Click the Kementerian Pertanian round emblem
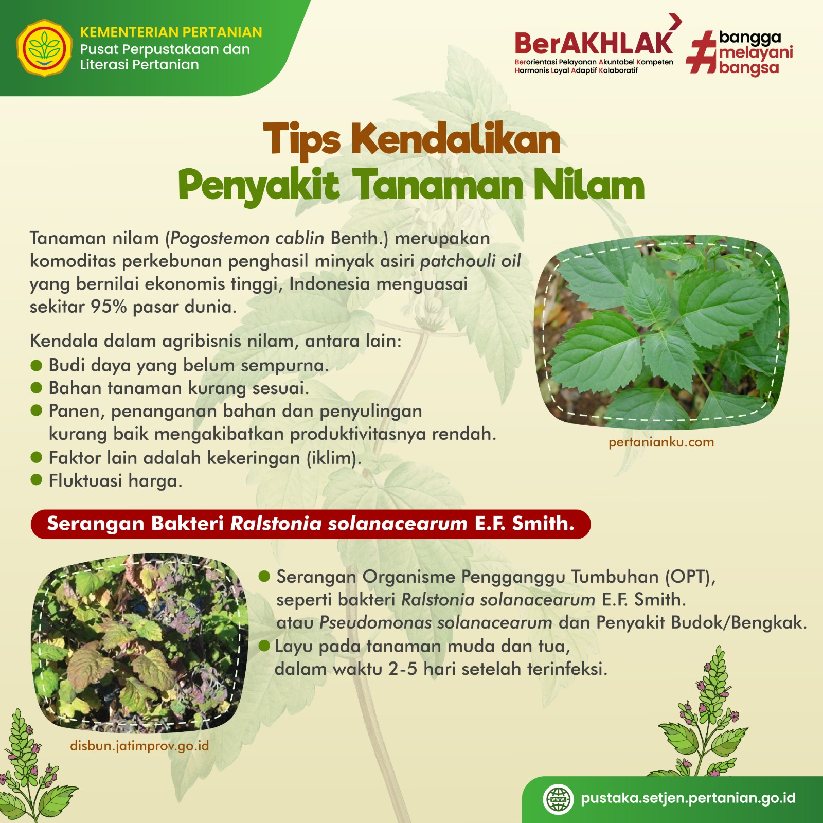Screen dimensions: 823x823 point(44,48)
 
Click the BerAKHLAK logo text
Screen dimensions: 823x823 point(594,43)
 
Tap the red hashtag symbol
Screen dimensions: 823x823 point(702,51)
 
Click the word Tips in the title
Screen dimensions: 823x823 point(301,139)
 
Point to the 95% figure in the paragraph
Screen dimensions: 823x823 point(109,307)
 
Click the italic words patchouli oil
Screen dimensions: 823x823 point(471,261)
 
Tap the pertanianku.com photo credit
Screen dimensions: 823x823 point(661,442)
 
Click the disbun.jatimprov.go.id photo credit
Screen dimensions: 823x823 point(139,746)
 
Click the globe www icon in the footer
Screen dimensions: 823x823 point(558,799)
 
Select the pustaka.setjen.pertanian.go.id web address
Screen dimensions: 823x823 point(688,798)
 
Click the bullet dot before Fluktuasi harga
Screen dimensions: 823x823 point(36,480)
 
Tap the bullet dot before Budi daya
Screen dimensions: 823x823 point(36,365)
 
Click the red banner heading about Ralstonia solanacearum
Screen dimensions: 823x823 point(311,524)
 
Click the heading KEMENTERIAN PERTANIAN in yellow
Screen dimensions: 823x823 point(171,32)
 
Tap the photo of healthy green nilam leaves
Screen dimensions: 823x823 point(661,334)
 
